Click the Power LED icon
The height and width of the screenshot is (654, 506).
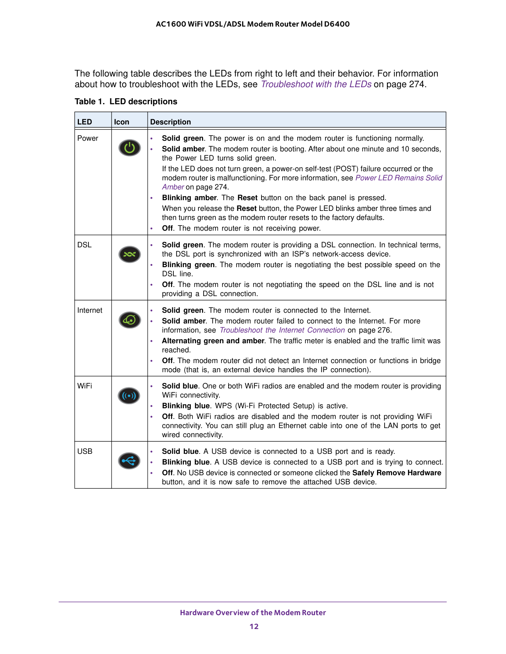[x=129, y=148]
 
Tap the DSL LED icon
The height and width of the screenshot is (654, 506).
[x=129, y=254]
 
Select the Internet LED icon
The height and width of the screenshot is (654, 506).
[x=129, y=319]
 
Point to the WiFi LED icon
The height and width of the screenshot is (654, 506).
[x=129, y=396]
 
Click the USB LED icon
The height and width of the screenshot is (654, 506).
[x=129, y=461]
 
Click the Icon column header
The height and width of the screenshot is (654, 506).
[x=121, y=122]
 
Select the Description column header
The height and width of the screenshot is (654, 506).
[x=171, y=122]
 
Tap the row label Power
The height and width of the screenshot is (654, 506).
[x=88, y=138]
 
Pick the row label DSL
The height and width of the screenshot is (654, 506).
[x=85, y=245]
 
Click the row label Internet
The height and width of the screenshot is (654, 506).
[x=90, y=310]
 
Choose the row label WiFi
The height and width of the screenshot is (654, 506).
[x=85, y=386]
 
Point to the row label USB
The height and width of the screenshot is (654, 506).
[x=85, y=451]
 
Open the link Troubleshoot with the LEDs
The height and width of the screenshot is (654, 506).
[x=316, y=84]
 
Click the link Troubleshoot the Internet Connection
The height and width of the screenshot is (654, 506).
[x=282, y=330]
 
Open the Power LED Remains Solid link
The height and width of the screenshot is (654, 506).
[x=398, y=178]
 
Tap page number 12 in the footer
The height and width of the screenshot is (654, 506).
[x=254, y=627]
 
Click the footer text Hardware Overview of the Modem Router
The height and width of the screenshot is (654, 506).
[x=253, y=613]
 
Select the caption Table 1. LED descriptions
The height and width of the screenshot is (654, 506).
[x=126, y=101]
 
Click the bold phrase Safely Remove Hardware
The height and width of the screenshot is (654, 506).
[x=396, y=473]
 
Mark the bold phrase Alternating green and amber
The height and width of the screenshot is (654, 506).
[x=213, y=341]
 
